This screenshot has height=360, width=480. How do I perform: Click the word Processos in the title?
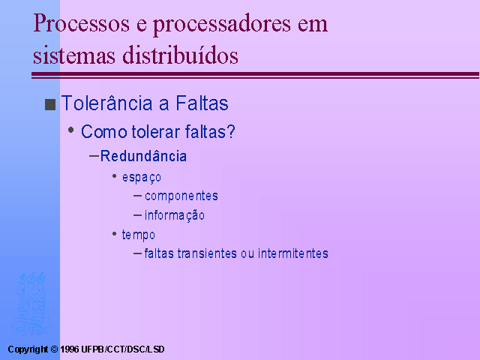tap(81, 23)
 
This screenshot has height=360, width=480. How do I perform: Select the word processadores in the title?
tap(222, 25)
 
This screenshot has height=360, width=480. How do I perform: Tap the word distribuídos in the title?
tap(180, 55)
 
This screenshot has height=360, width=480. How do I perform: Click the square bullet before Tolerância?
tap(50, 104)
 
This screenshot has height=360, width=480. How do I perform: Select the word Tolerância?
tap(106, 103)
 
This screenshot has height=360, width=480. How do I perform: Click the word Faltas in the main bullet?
tap(202, 103)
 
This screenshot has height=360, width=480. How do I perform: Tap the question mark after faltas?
tap(230, 131)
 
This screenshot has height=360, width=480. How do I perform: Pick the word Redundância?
tap(143, 156)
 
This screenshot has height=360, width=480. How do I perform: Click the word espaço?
tap(142, 178)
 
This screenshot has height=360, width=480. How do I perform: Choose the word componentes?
tap(181, 196)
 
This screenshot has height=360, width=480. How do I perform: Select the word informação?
tap(175, 215)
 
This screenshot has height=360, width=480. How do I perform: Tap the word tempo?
tap(138, 235)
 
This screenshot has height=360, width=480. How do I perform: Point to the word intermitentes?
tap(293, 253)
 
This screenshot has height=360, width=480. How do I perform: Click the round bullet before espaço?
tap(115, 176)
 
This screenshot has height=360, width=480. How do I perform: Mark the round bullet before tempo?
tap(115, 234)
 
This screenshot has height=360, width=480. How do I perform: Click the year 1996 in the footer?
tap(70, 349)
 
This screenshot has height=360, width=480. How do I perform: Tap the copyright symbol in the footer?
tap(54, 349)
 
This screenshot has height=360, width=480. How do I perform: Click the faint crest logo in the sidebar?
tap(31, 304)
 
